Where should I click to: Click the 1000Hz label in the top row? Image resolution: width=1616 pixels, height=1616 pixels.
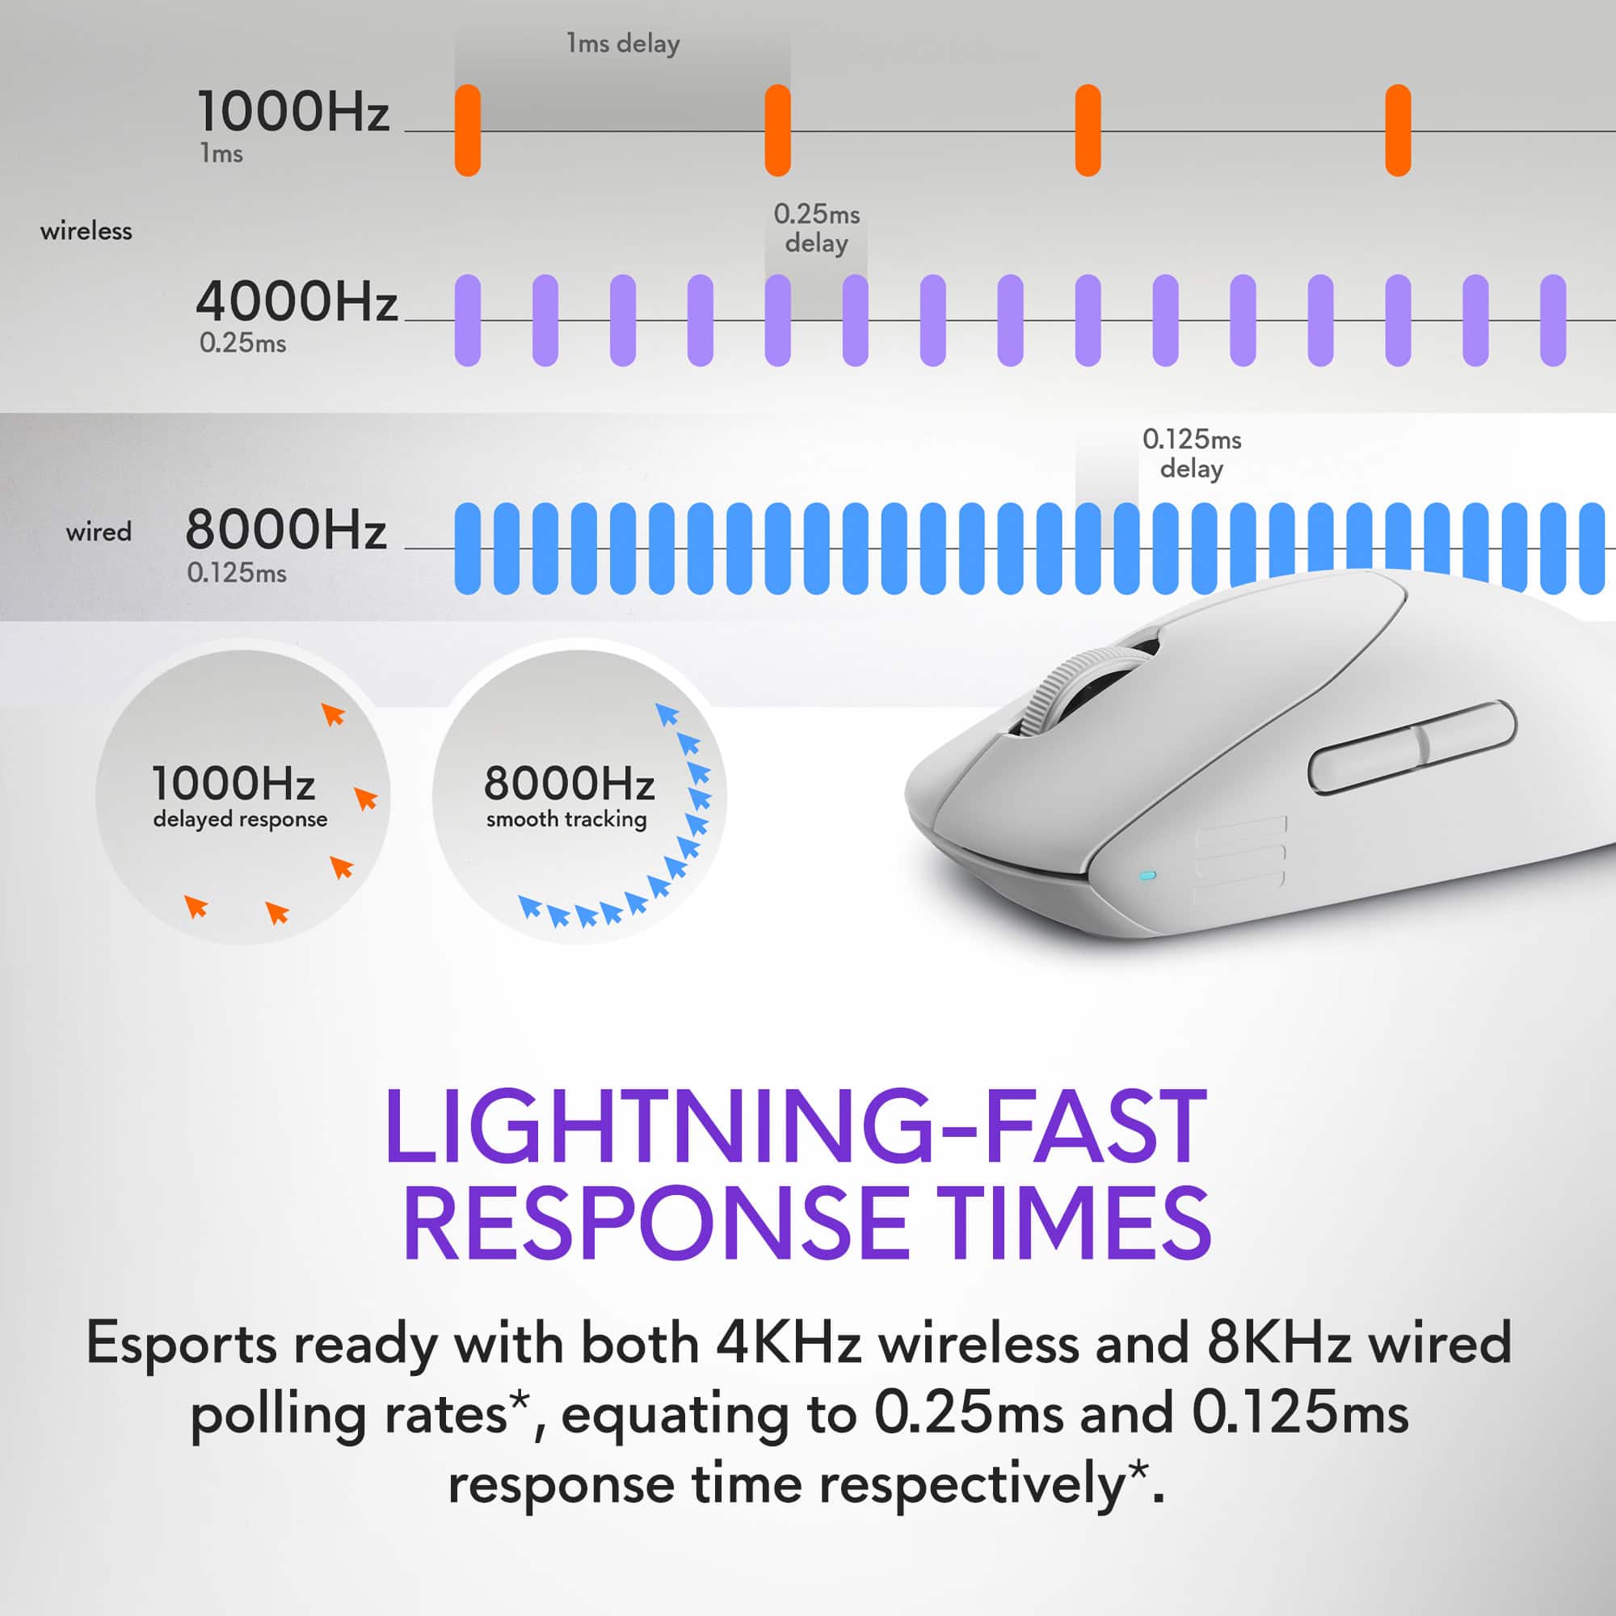292,112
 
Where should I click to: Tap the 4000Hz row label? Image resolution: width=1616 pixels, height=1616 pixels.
296,302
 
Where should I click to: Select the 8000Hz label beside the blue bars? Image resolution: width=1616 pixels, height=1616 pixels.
286,530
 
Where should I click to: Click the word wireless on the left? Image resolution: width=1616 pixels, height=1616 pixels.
86,231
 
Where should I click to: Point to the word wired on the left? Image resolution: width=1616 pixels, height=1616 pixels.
99,532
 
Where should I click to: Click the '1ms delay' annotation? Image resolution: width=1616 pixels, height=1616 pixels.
622,44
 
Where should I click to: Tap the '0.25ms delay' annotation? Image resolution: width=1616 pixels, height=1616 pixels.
816,229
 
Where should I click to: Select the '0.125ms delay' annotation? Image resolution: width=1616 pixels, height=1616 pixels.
1191,453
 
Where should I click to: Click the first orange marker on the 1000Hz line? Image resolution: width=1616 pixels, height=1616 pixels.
468,130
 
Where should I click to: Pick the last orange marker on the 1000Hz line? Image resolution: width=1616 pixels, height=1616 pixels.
1398,130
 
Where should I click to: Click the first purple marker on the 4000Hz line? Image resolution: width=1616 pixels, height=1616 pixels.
468,320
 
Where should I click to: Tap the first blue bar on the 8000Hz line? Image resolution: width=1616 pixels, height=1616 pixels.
468,549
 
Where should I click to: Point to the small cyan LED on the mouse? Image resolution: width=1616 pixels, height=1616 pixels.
1148,876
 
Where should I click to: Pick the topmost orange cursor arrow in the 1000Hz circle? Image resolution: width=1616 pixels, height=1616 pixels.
333,714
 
